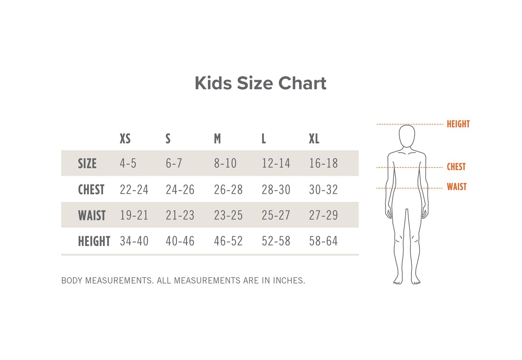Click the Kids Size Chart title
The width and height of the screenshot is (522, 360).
coord(261,83)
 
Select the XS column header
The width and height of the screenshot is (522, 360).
coord(125,139)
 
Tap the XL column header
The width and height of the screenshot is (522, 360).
coord(314,139)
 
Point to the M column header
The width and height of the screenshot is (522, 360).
coord(217,139)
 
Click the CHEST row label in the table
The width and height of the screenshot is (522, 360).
coord(91,189)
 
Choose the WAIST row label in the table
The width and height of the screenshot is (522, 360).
coord(92,215)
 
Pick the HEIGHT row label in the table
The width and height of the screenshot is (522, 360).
coord(94,241)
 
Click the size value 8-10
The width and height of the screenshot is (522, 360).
coord(225,163)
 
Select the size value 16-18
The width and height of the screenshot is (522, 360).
coord(324,163)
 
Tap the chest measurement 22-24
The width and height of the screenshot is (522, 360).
coord(134,189)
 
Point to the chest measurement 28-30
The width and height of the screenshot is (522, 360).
coord(276,189)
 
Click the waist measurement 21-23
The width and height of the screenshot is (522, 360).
coord(180,215)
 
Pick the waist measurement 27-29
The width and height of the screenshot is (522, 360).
coord(324,215)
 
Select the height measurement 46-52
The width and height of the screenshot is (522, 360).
coord(228,241)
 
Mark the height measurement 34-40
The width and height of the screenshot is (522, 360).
coord(134,241)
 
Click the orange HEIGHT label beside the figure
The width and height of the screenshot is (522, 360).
coord(458,124)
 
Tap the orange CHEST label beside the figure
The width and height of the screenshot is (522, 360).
coord(456,167)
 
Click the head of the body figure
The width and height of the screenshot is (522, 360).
coord(407,136)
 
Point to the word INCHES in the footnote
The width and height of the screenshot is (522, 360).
coord(289,281)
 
